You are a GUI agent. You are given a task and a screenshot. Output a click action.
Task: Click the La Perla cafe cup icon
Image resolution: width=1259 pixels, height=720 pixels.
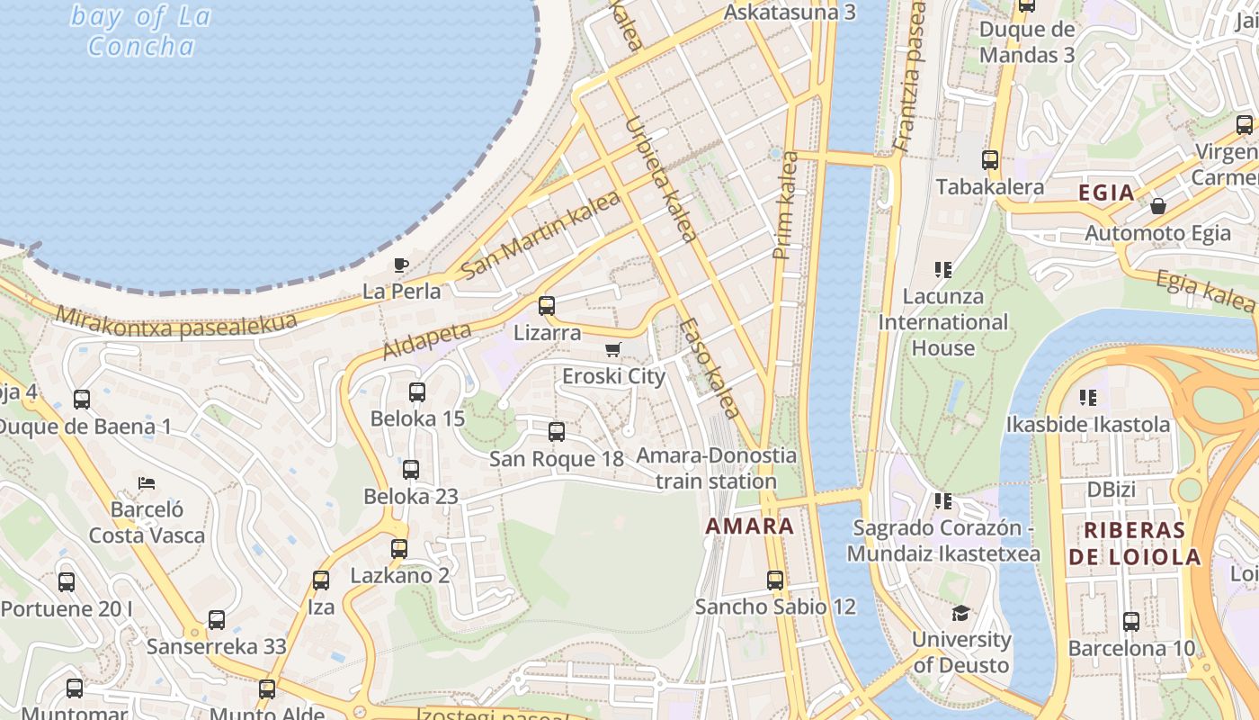[401, 265]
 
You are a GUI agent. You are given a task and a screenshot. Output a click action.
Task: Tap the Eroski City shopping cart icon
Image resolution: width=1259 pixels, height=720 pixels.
[613, 349]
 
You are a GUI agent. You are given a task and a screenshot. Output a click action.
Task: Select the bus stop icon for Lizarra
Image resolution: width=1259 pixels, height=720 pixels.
[547, 306]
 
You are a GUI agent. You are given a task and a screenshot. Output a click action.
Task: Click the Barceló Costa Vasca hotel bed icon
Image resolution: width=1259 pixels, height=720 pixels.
[147, 483]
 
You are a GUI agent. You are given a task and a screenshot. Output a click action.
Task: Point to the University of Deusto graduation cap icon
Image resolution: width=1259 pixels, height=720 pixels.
[961, 613]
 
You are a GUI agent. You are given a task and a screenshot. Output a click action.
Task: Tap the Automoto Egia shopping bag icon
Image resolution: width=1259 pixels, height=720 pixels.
[1158, 206]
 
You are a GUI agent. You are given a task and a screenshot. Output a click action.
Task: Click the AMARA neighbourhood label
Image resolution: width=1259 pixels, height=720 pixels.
[749, 526]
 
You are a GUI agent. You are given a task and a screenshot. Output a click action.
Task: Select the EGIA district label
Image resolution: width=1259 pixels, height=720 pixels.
[1106, 193]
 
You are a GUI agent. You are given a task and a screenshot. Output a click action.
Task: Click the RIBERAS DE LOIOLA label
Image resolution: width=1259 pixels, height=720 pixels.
[1135, 543]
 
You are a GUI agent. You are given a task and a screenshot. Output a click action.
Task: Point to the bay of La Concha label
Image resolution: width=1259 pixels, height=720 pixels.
[141, 31]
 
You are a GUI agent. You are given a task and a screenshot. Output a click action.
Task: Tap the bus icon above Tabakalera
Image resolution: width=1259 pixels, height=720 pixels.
[990, 160]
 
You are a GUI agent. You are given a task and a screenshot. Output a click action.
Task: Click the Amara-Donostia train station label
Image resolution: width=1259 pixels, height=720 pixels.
[716, 468]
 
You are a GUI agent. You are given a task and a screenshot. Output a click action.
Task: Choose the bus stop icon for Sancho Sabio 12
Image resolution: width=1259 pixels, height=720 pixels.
[775, 580]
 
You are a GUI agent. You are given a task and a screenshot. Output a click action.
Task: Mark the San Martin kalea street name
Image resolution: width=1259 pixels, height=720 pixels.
[540, 234]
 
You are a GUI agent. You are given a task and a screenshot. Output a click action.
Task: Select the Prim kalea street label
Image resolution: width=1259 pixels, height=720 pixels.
[785, 205]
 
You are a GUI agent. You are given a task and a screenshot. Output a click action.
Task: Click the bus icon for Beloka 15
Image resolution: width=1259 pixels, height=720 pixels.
[417, 392]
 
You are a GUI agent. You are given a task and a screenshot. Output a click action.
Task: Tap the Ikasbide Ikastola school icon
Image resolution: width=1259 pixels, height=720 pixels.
[1088, 397]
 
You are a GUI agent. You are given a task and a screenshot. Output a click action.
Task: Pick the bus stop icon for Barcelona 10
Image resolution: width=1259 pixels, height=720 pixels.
[1131, 622]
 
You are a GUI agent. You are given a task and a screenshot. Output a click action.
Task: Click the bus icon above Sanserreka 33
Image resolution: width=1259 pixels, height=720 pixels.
[217, 620]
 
